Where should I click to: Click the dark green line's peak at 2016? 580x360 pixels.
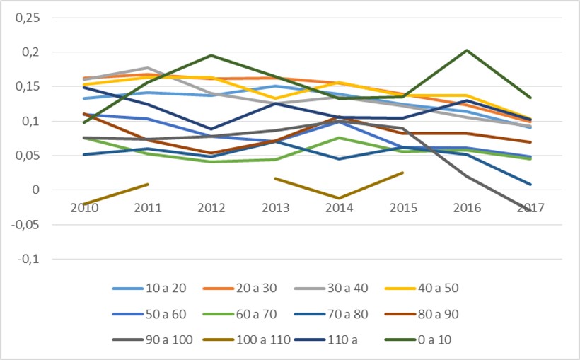tap(466, 50)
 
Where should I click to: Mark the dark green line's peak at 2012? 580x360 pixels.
tap(211, 55)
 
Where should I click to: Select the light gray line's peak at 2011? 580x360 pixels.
tap(148, 68)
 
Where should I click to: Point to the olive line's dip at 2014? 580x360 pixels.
tap(339, 199)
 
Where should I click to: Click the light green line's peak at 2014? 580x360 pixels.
tap(339, 138)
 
